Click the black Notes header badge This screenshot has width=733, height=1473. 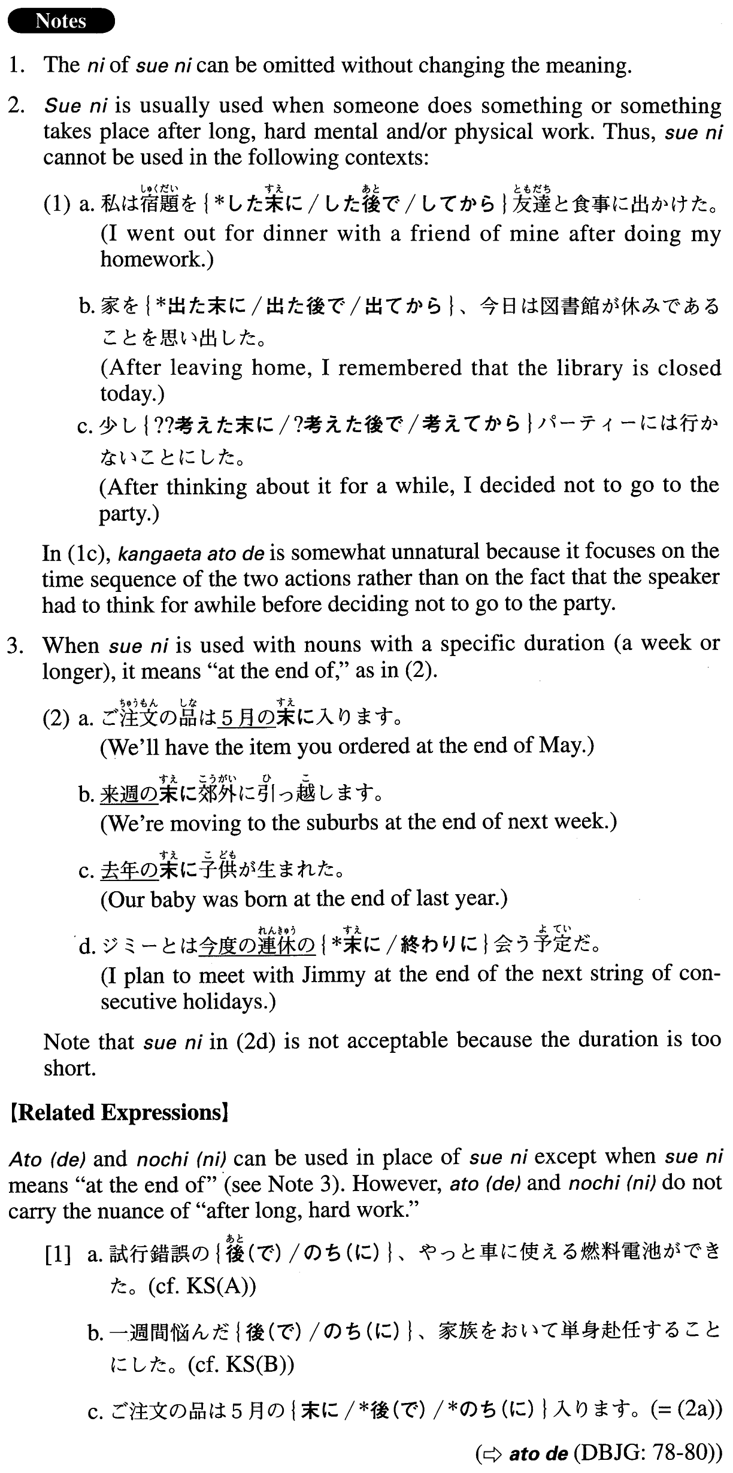60,21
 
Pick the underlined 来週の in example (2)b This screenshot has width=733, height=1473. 129,794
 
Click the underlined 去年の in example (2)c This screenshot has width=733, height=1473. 129,870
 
